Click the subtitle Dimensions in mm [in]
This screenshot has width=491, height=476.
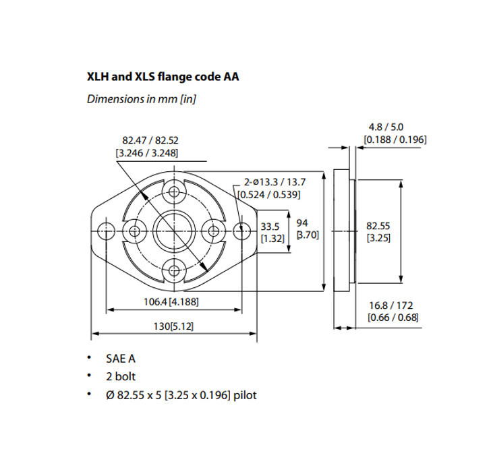coord(142,99)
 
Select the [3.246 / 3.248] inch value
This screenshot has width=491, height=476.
coord(146,153)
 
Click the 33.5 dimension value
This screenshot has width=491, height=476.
coord(270,226)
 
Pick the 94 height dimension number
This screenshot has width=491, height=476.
coord(302,222)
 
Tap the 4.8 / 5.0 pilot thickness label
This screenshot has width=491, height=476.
coord(395,127)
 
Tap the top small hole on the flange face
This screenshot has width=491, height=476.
coord(175,191)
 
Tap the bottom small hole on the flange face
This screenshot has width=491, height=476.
coord(175,271)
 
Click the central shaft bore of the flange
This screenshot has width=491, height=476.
coord(175,231)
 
